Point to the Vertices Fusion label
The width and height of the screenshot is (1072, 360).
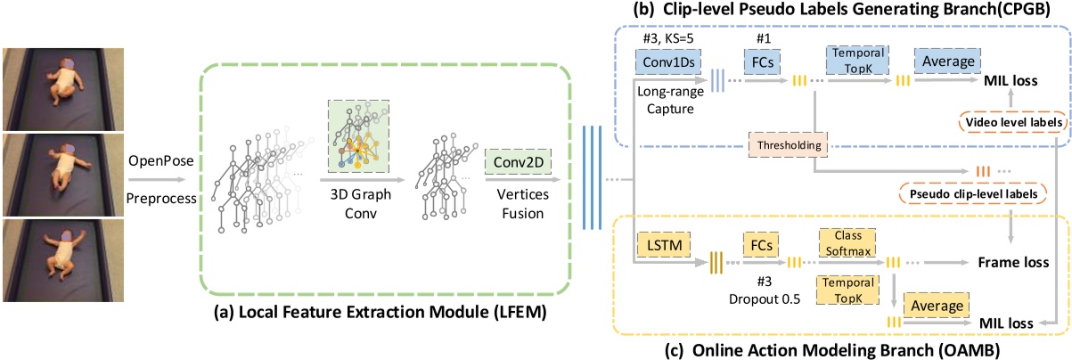point(512,202)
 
